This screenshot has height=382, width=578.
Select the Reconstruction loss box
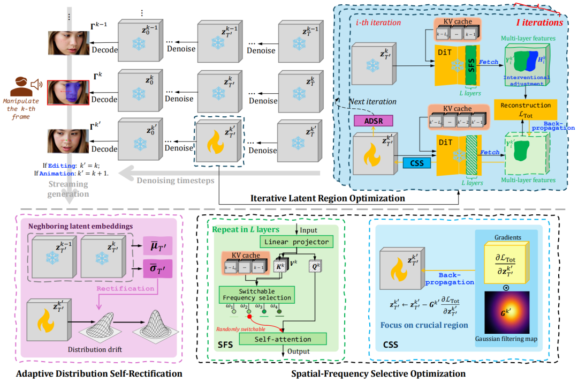click(526, 109)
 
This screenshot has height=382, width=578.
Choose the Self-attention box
click(283, 339)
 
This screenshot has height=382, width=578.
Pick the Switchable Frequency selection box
click(257, 294)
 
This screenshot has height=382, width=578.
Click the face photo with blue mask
click(68, 92)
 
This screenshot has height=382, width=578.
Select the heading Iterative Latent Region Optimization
click(328, 198)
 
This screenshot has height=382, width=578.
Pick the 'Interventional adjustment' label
click(526, 81)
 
